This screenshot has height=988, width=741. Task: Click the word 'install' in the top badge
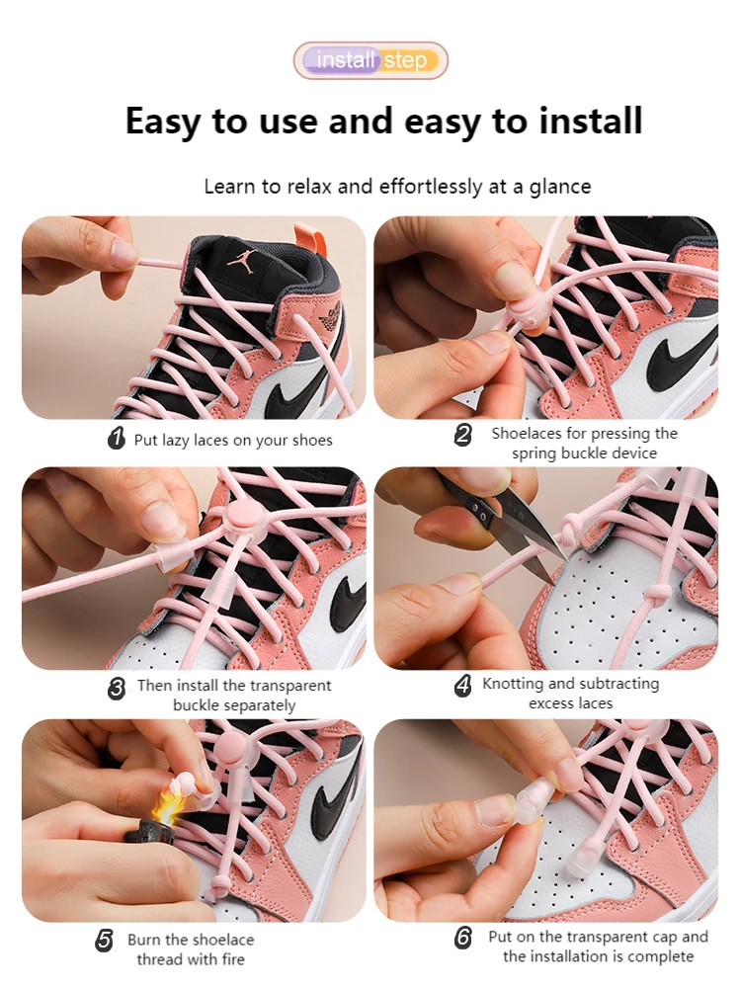pyautogui.click(x=346, y=60)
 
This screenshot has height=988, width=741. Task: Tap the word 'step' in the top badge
pyautogui.click(x=406, y=61)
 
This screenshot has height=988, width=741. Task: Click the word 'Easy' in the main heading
pyautogui.click(x=162, y=121)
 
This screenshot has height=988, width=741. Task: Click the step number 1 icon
pyautogui.click(x=116, y=438)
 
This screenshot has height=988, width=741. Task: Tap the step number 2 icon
pyautogui.click(x=463, y=434)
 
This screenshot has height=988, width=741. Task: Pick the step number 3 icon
pyautogui.click(x=116, y=688)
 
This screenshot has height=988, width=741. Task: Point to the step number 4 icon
pyautogui.click(x=463, y=685)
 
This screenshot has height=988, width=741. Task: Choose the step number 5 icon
pyautogui.click(x=105, y=941)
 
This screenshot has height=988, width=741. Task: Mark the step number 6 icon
pyautogui.click(x=463, y=938)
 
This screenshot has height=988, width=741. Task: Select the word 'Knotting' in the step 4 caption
pyautogui.click(x=513, y=685)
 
